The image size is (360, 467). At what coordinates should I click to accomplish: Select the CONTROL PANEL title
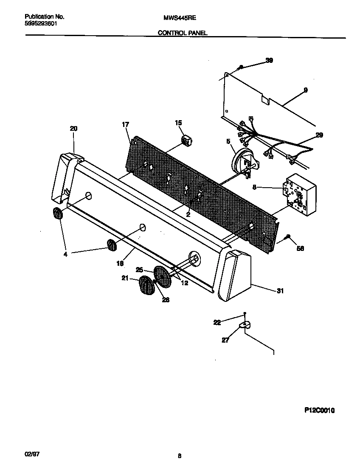[183, 33]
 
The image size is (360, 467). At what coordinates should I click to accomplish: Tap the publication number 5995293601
[41, 23]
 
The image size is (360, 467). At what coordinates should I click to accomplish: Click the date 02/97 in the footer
[32, 454]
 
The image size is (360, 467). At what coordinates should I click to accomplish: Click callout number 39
[269, 60]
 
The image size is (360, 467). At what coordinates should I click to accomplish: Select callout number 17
[125, 124]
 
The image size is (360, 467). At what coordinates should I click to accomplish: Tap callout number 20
[73, 129]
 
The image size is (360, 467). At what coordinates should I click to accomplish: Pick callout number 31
[280, 291]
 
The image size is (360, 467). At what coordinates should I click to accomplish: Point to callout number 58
[300, 249]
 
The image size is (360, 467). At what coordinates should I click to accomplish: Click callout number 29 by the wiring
[319, 135]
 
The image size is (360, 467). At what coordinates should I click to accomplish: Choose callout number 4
[65, 255]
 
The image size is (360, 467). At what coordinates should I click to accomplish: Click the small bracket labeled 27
[244, 325]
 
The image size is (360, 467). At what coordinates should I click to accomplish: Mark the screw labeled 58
[288, 236]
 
